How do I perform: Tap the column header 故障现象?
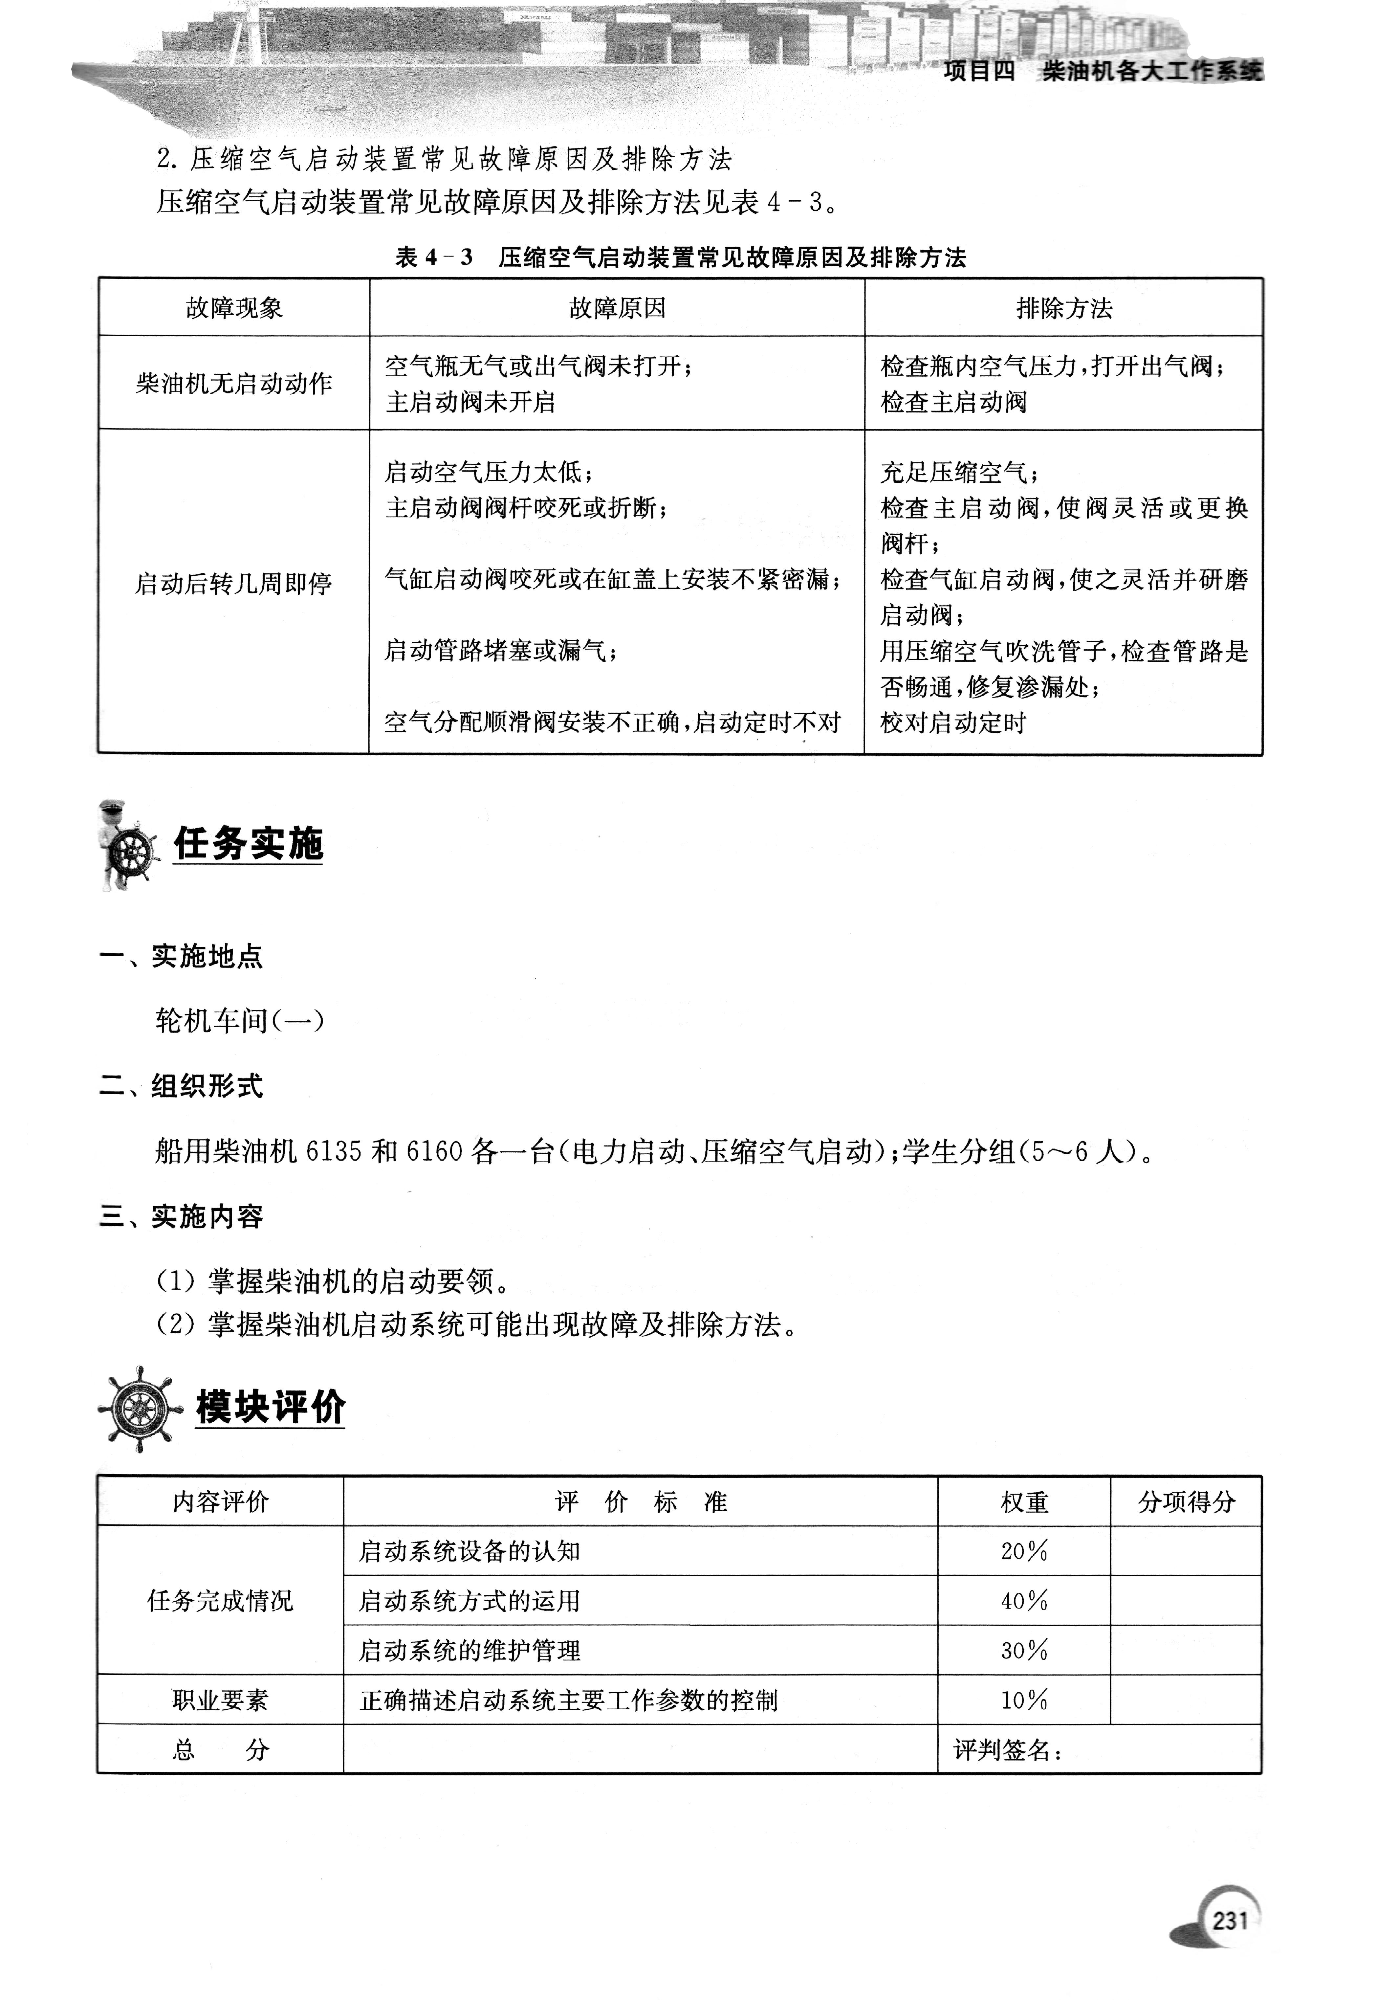click(x=234, y=308)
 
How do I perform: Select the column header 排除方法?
click(x=1064, y=308)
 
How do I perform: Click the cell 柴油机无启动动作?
click(x=234, y=383)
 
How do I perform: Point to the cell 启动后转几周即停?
click(x=234, y=584)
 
